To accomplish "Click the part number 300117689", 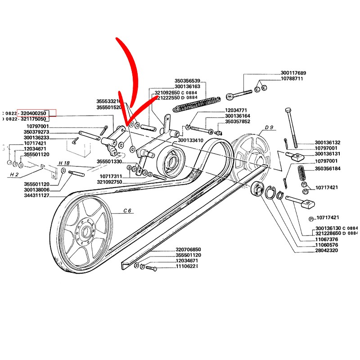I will [x=293, y=73].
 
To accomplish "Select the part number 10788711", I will [x=292, y=79].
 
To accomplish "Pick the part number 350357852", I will [x=238, y=121].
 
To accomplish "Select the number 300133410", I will [x=191, y=140].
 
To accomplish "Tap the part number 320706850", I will [x=188, y=250].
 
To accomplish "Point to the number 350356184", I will [x=328, y=169].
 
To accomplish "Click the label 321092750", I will [x=109, y=182].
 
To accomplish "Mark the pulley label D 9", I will [x=269, y=128].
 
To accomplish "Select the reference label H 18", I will [x=63, y=162].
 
